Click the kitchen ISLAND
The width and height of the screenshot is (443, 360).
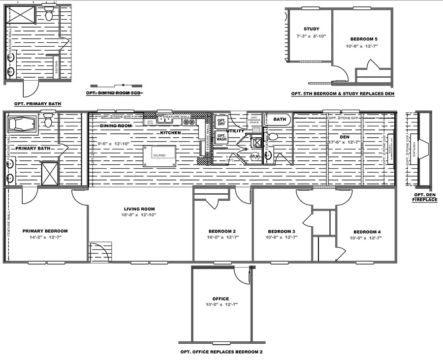[159, 155]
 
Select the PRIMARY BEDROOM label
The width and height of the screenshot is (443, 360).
[45, 231]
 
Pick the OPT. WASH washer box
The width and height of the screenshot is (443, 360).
[221, 138]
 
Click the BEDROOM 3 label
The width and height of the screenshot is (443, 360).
[282, 232]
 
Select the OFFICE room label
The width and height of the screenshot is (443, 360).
[221, 299]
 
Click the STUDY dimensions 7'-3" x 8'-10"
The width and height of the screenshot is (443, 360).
[311, 36]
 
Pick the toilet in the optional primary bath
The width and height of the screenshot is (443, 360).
[49, 15]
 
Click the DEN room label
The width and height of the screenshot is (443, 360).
[345, 136]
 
